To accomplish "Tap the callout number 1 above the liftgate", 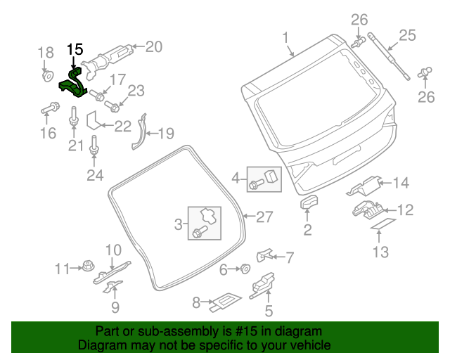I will click(x=286, y=37).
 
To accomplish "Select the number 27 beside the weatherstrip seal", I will click(x=263, y=217).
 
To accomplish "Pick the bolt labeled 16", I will click(x=51, y=110).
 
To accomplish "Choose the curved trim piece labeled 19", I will click(x=139, y=134).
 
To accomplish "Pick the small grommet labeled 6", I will click(x=245, y=269).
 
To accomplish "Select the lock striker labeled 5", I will click(x=262, y=284).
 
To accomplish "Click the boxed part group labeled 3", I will click(x=203, y=221).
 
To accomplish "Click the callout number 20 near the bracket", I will click(x=153, y=47).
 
